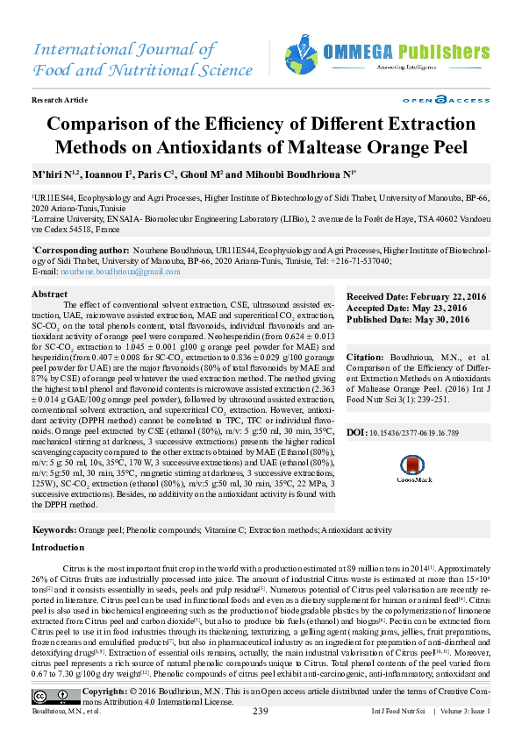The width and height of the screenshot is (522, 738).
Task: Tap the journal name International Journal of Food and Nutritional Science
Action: tap(130, 58)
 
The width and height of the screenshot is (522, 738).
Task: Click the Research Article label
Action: tap(60, 101)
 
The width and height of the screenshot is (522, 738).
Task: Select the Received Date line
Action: tap(415, 298)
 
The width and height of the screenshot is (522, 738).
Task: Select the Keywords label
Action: tap(54, 530)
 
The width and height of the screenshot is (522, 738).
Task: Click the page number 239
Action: tap(260, 711)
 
